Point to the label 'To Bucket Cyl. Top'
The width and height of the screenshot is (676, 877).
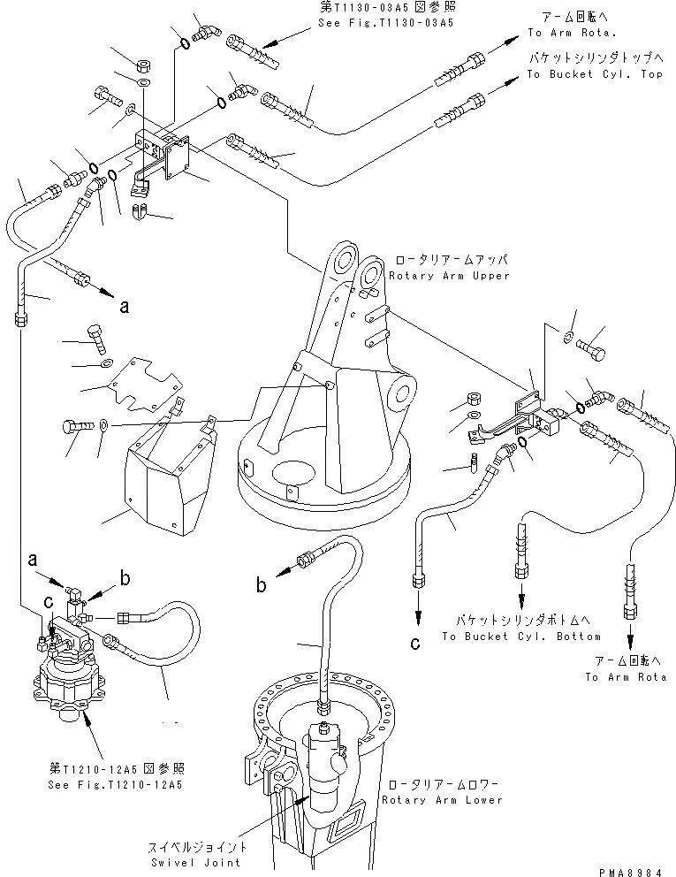(594, 75)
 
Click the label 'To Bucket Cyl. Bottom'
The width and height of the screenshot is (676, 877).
(520, 636)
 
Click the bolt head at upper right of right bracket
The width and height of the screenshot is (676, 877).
(593, 349)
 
